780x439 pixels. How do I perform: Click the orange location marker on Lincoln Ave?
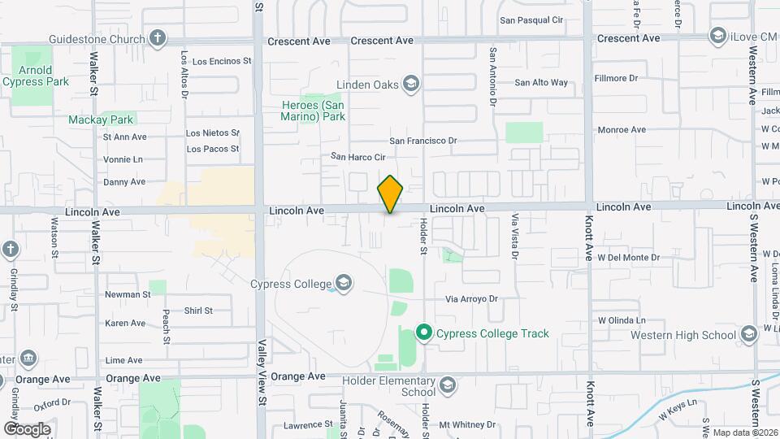390,194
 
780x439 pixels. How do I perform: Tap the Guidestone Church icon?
158,38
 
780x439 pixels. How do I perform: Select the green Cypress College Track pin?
423,333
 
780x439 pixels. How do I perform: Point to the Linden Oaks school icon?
411,84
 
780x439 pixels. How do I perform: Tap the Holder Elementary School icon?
447,385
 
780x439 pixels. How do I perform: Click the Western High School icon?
748,335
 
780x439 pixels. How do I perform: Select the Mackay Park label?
100,120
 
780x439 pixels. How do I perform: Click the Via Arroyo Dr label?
470,299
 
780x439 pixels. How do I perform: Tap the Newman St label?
128,294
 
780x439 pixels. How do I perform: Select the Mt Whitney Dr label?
467,424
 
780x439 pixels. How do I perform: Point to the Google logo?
27,429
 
